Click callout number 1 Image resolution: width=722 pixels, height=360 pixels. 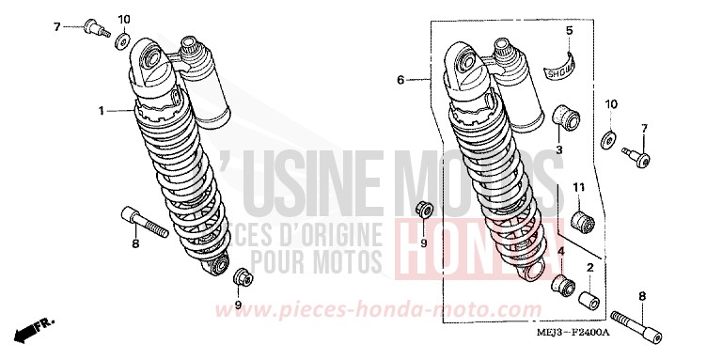(100, 111)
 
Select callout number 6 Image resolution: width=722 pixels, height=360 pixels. (400, 81)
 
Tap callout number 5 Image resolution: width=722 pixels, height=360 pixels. (569, 31)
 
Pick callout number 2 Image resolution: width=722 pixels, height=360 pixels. (590, 268)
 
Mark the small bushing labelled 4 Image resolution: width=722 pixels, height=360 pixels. (562, 284)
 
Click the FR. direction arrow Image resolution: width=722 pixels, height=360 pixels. (35, 329)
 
